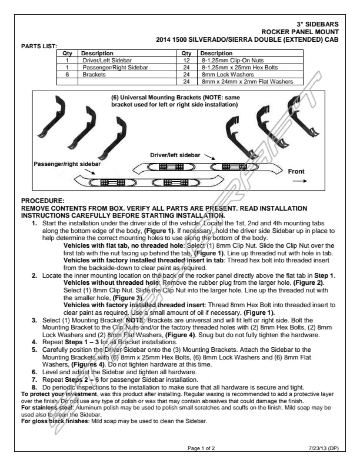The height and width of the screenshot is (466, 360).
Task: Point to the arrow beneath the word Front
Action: click(299, 182)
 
